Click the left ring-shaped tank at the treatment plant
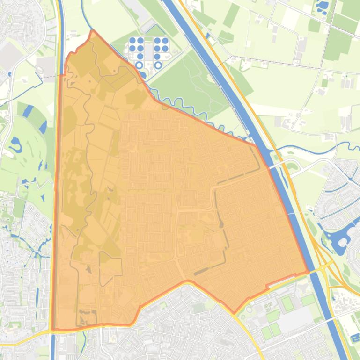139,65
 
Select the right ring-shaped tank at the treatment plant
158,65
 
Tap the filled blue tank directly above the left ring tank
140,57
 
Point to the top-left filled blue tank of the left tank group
132,41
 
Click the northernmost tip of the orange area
93,31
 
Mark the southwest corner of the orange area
52,329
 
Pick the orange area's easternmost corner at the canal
308,272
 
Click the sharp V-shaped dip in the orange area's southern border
235,312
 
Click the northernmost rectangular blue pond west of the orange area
28,111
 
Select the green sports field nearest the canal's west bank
308,300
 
